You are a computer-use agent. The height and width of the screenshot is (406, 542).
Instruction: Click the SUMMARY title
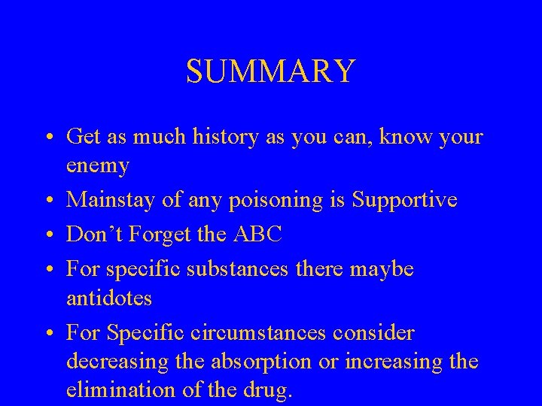(270, 71)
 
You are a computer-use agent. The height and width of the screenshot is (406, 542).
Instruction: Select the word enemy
(98, 164)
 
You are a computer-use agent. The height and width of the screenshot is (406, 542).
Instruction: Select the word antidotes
(109, 298)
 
